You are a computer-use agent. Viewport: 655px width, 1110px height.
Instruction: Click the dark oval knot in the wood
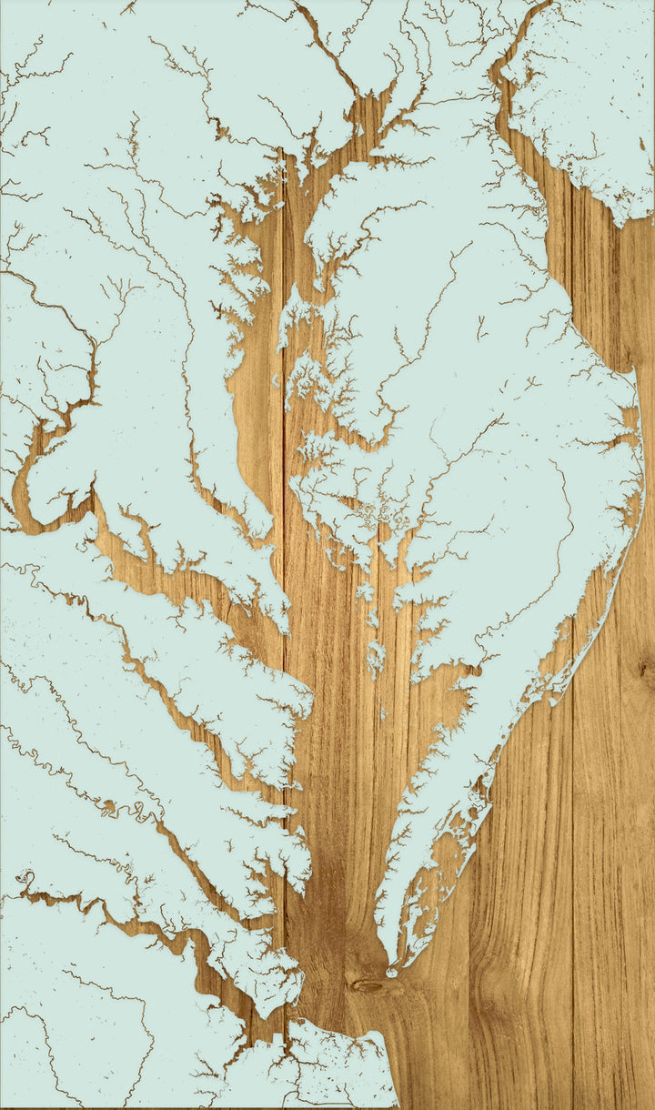(x=367, y=985)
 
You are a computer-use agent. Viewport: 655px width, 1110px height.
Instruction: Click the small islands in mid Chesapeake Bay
(x=374, y=655)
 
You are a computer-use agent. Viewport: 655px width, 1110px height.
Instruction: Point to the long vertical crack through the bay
(x=284, y=546)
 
